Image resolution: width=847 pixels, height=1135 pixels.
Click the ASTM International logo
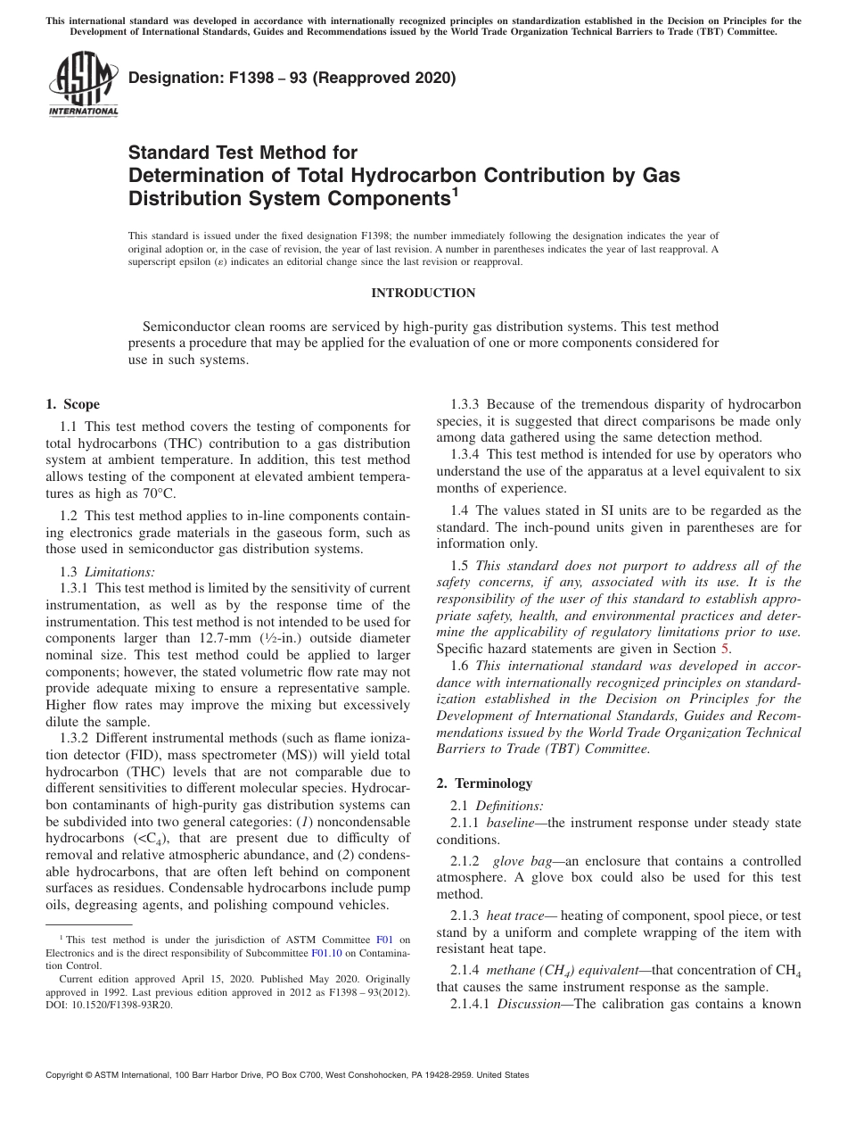[82, 86]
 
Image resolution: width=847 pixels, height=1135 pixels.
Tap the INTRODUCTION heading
[423, 293]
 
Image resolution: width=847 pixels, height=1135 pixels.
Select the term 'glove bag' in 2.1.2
[522, 861]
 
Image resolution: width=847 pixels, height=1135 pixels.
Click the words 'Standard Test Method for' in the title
[243, 153]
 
